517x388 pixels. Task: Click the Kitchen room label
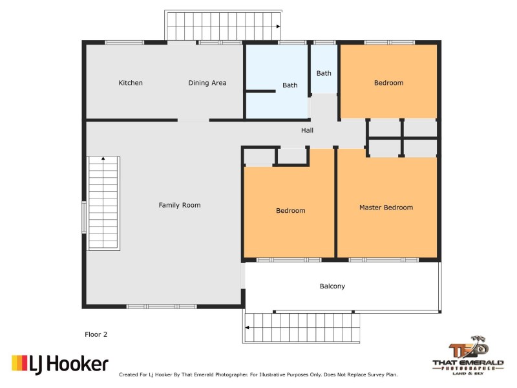[x=131, y=83]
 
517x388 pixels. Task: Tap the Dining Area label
[x=207, y=83]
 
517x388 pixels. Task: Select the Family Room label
[x=180, y=205]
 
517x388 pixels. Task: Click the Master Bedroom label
[x=386, y=208]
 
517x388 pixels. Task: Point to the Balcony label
[x=332, y=286]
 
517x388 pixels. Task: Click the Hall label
[x=307, y=131]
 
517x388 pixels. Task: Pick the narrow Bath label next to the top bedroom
[x=324, y=73]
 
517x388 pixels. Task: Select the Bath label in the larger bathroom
[x=290, y=85]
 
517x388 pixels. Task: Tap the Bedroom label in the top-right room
[x=388, y=83]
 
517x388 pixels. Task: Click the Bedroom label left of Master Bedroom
[x=290, y=211]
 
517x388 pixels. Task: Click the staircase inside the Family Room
[x=104, y=203]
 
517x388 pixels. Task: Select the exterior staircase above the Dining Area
[x=223, y=26]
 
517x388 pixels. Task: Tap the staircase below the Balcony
[x=302, y=327]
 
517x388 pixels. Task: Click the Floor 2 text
[x=96, y=334]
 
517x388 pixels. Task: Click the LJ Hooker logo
[x=59, y=364]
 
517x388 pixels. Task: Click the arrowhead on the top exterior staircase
[x=277, y=27]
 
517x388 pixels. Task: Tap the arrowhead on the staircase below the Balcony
[x=248, y=328]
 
